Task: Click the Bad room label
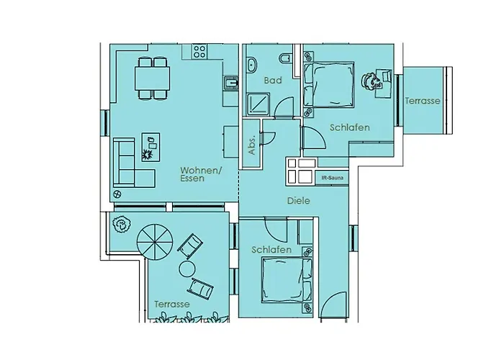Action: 273,81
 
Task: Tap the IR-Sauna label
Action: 333,178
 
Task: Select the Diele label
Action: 299,201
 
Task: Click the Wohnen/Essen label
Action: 201,174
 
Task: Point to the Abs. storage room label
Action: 252,145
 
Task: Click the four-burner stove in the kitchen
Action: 199,52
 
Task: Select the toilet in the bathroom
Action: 285,58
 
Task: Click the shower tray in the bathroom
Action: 258,104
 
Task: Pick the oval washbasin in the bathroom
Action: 252,65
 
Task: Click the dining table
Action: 153,78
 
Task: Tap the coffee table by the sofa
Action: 150,147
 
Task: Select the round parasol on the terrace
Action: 155,242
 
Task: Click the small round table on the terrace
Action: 187,269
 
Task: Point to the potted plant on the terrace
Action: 122,224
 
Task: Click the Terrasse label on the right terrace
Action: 423,101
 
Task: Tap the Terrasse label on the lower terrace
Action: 172,304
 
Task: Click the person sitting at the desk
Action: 371,81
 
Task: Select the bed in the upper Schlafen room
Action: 329,84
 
